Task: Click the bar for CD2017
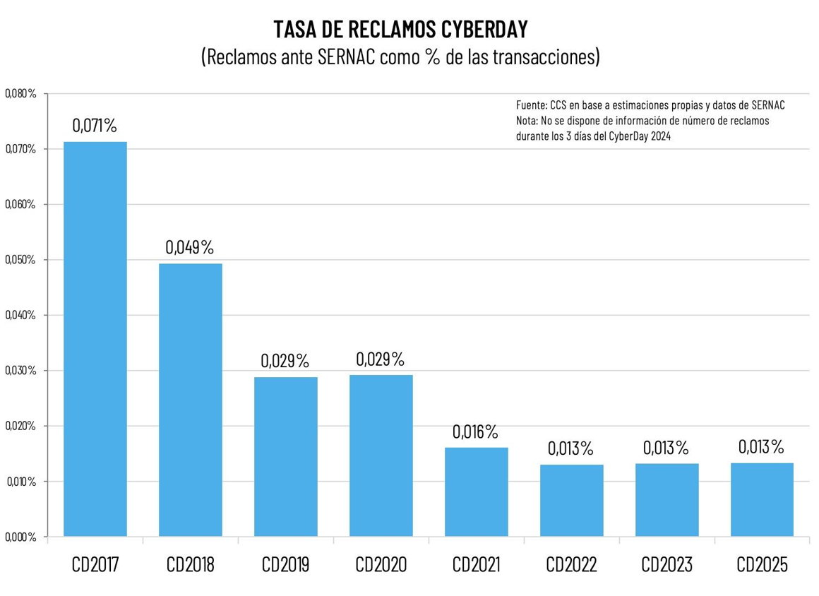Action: pyautogui.click(x=95, y=339)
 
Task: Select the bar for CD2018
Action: pyautogui.click(x=191, y=400)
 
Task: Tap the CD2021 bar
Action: pyautogui.click(x=477, y=491)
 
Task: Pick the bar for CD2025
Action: pyautogui.click(x=762, y=499)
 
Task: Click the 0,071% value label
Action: pyautogui.click(x=95, y=126)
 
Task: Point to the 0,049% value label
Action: pyautogui.click(x=190, y=247)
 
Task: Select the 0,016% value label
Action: pyautogui.click(x=475, y=431)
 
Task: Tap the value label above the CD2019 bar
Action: pyautogui.click(x=285, y=360)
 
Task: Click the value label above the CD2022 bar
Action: pyautogui.click(x=570, y=448)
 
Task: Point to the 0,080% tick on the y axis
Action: pyautogui.click(x=21, y=93)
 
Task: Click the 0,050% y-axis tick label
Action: pyautogui.click(x=21, y=260)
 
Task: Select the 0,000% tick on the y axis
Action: pyautogui.click(x=21, y=537)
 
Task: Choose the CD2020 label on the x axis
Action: pyautogui.click(x=381, y=565)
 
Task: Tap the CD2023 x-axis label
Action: pyautogui.click(x=666, y=565)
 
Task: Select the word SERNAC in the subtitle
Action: pyautogui.click(x=346, y=56)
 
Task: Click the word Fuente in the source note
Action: pyautogui.click(x=531, y=105)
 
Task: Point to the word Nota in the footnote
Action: pyautogui.click(x=527, y=121)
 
